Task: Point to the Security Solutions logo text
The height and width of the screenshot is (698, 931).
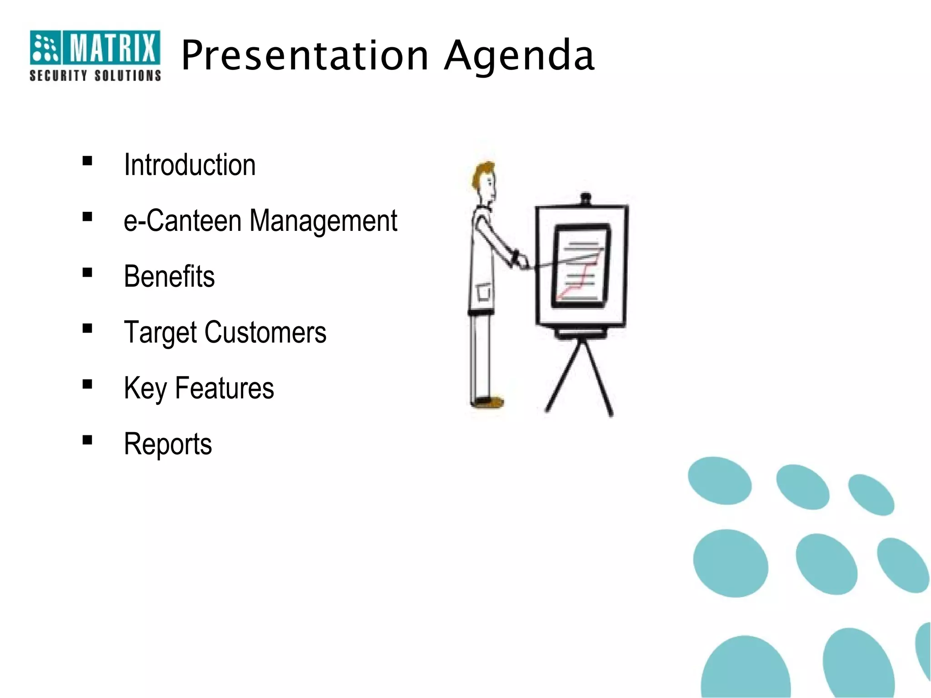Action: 95,75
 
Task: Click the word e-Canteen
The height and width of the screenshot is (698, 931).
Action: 182,221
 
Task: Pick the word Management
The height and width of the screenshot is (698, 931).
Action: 323,222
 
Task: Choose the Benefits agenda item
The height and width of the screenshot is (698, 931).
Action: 169,276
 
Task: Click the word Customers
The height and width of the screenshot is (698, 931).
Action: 265,332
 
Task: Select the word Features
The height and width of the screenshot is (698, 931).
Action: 224,388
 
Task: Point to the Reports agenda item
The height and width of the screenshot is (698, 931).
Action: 168,444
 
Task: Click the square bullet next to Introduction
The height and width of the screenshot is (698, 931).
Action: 87,161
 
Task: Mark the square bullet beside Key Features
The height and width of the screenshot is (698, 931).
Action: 87,384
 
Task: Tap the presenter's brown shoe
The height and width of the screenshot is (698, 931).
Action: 489,402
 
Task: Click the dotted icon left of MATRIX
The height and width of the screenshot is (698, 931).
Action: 45,47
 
